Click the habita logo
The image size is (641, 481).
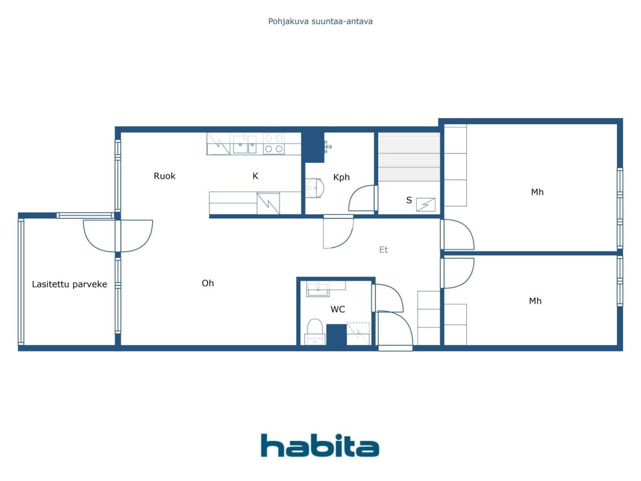coord(319,445)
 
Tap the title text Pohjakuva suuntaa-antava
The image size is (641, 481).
coord(320,21)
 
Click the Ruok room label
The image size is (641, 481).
coord(164,176)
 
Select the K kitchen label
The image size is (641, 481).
coord(255,176)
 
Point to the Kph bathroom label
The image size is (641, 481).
coord(341,177)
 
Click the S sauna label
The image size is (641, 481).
coord(409,200)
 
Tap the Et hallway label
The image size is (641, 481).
coord(384,250)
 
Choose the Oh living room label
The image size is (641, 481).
coord(208,283)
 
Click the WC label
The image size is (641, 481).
coord(338,309)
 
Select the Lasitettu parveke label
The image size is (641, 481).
coord(70,284)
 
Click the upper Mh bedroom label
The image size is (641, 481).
coord(537,192)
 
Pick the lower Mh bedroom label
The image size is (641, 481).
coord(535,301)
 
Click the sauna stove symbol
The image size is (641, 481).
coord(426,204)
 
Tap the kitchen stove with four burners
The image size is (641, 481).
coord(273,143)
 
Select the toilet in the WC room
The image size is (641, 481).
coord(314,331)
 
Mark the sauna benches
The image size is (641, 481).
coord(409,156)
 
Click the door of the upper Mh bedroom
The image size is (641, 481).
coord(457,234)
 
